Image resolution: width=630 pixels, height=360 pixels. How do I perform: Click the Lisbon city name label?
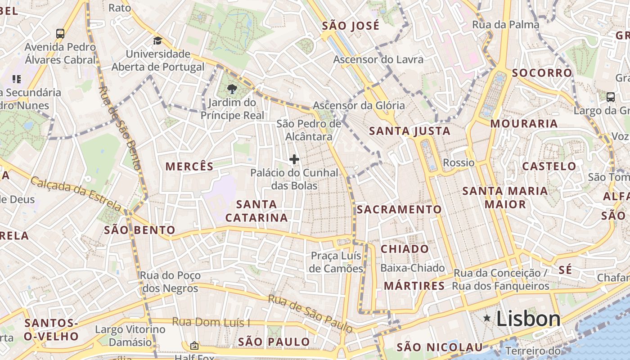pos(528,319)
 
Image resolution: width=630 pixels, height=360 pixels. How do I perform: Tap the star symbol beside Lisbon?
pos(487,318)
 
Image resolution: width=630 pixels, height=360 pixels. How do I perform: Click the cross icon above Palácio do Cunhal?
pos(294,159)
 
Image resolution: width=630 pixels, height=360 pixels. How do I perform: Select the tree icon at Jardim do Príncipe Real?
pos(232,89)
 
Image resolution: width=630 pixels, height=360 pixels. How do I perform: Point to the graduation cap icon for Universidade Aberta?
pos(157,41)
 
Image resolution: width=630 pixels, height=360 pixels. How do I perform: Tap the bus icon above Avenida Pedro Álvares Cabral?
pos(60,33)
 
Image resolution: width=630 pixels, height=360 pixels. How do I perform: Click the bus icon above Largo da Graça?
pos(611,97)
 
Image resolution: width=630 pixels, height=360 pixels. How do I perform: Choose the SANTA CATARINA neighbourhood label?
pos(256,211)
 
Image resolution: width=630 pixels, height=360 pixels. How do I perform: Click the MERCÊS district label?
pos(189,166)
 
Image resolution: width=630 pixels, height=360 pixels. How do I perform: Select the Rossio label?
pos(459,162)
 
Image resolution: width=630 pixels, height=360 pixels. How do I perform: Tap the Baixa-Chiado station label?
pos(413,268)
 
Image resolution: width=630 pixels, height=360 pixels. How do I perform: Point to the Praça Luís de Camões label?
pos(337,262)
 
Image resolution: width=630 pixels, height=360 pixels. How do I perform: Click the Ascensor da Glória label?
pos(359,106)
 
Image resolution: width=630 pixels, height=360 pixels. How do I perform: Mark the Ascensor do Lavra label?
pos(378,59)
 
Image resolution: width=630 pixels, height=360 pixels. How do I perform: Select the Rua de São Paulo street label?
pos(310,314)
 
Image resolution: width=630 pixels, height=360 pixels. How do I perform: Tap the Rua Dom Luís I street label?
pos(211,322)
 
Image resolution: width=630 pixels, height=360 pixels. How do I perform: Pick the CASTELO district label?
pos(549,166)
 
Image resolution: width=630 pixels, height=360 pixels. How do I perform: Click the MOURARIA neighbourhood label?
pos(524,124)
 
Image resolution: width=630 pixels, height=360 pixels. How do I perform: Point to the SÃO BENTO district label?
pos(139,230)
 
